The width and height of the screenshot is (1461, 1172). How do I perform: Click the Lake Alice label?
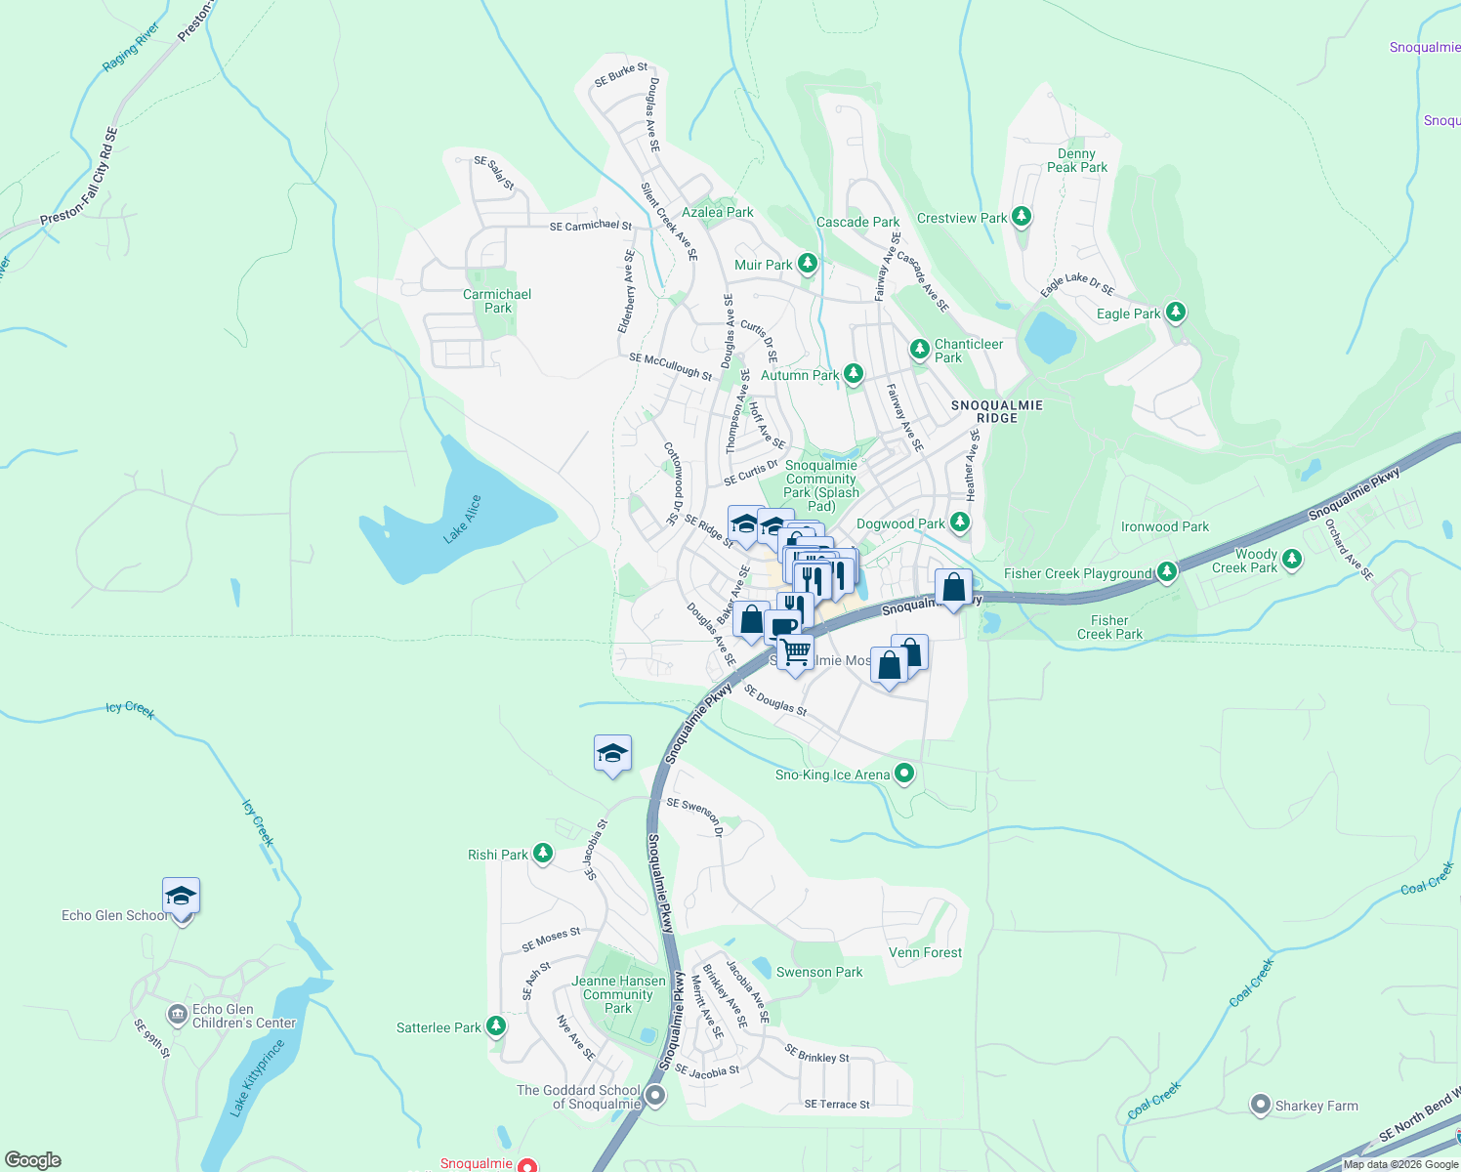tap(462, 519)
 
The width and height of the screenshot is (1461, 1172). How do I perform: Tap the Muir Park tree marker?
tap(807, 264)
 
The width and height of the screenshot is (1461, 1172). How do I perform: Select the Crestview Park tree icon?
tap(1022, 217)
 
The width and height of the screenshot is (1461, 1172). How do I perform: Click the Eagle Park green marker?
tap(1176, 313)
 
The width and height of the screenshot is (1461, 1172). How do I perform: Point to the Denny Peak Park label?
tap(1077, 160)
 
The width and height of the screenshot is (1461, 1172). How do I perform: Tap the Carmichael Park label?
tap(497, 301)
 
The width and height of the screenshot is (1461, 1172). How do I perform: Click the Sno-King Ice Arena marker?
tap(904, 774)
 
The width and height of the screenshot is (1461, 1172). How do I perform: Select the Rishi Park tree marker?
tap(543, 855)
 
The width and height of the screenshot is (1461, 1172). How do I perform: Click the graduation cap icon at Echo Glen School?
tap(181, 896)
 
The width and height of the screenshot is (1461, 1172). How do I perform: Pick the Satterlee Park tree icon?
tap(496, 1026)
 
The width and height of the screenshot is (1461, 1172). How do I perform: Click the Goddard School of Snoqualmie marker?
tap(655, 1096)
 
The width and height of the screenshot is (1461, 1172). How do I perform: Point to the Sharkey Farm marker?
tap(1261, 1106)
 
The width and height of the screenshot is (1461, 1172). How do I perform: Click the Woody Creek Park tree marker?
tap(1292, 560)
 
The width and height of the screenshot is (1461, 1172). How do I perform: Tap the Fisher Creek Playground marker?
tap(1166, 572)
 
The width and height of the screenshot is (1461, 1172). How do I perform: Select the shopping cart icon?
tap(796, 650)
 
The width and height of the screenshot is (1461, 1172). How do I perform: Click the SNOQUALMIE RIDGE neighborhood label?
tap(996, 411)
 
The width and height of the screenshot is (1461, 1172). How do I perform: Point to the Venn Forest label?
tap(925, 952)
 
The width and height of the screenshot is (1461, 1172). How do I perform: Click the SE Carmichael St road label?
tap(591, 226)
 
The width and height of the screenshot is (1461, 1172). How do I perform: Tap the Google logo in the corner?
tap(33, 1160)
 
